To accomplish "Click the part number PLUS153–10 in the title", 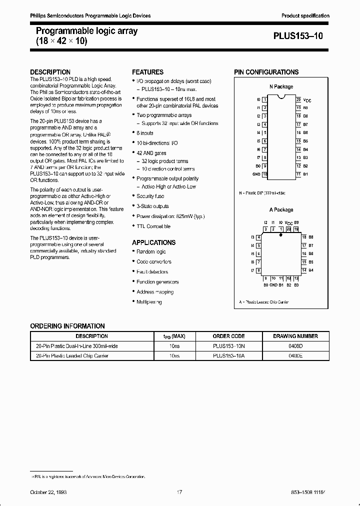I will pos(301,36).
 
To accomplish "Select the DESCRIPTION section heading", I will pos(50,72).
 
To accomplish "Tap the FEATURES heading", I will pos(147,72).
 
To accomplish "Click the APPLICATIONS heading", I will pos(153,242).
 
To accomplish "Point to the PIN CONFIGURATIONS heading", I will pos(266,72).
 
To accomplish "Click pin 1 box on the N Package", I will pos(264,100).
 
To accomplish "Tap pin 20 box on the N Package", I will pos(298,100).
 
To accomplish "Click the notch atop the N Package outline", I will pos(281,94).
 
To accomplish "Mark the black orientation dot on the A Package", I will pos(281,234).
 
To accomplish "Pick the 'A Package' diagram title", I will pos(281,210).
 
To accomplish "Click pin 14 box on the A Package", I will pos(303,270).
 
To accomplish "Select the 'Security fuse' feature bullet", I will pos(150,196).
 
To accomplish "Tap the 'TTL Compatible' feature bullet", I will pos(153,226).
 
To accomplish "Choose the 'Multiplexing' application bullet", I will pos(149,302).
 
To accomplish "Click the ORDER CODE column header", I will pos(228,336).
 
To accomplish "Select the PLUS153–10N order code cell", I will pos(228,346).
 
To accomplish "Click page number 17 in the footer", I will pos(179,492).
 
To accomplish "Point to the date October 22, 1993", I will pos(48,492).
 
